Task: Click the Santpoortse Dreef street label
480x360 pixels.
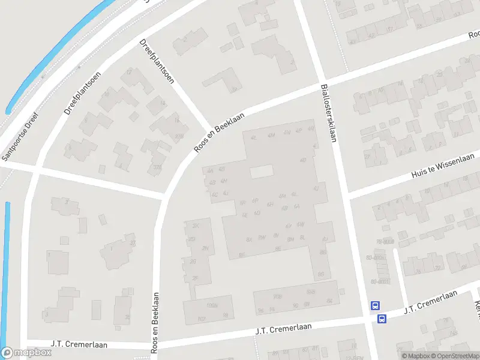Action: tap(20, 137)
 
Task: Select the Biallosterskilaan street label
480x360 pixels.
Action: tap(328, 112)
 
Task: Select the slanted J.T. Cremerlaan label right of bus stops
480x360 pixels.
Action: tap(431, 302)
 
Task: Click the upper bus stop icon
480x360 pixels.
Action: tap(376, 305)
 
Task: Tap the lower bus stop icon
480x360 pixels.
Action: tap(382, 319)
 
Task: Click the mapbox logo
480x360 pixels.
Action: tap(26, 353)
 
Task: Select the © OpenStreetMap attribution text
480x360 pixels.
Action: tap(455, 356)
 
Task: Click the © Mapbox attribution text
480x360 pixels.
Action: tap(415, 356)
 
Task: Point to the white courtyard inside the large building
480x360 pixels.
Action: tap(261, 172)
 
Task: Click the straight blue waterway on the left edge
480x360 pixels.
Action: tap(7, 270)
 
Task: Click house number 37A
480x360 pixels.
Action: tap(158, 167)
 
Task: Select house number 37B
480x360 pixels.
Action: tap(178, 137)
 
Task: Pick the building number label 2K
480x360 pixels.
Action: tap(195, 226)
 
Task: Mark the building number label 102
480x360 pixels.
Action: tap(202, 319)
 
